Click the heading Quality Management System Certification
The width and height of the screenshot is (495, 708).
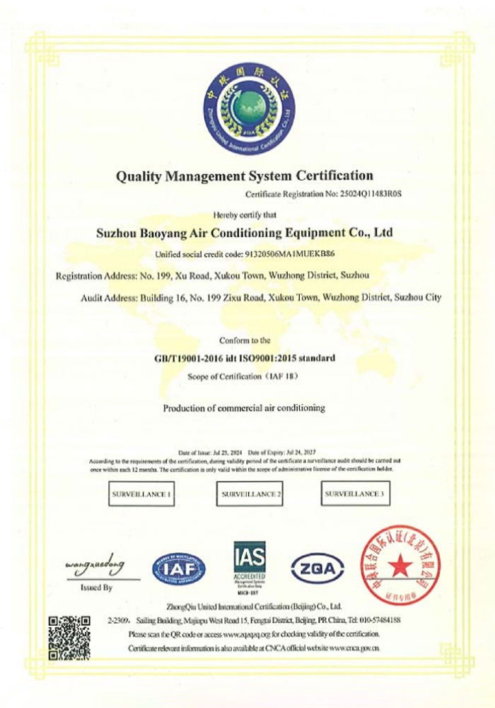click(x=245, y=175)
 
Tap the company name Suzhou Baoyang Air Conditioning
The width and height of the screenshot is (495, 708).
click(x=244, y=232)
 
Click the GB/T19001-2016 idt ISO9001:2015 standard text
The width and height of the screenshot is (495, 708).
click(x=245, y=358)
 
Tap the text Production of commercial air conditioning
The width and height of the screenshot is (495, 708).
click(x=244, y=408)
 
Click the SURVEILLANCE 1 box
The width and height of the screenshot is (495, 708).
click(x=141, y=494)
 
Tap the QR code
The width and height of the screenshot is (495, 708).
click(x=69, y=635)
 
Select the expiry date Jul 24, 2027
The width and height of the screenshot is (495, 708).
click(x=304, y=452)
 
